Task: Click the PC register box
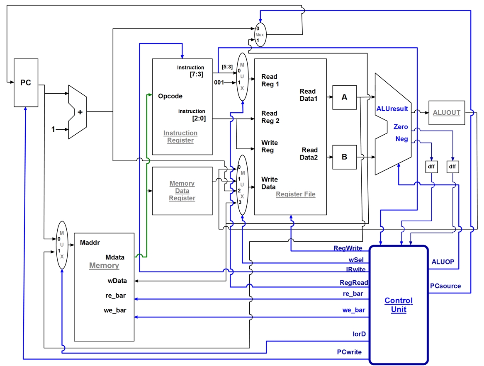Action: [25, 82]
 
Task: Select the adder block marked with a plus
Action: [78, 112]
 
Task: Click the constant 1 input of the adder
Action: [53, 129]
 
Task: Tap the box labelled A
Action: [344, 97]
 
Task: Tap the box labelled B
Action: [344, 157]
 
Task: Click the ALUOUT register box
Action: [446, 112]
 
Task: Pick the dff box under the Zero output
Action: [452, 167]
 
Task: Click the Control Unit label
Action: [398, 305]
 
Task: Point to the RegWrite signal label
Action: [348, 248]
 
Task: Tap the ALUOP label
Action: [443, 262]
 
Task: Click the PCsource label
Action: [445, 286]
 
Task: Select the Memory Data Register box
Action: [182, 191]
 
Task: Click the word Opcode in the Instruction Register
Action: [170, 96]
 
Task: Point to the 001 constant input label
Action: [219, 82]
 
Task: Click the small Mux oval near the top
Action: [260, 35]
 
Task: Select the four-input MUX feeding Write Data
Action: [241, 185]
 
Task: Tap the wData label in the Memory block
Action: [118, 281]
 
